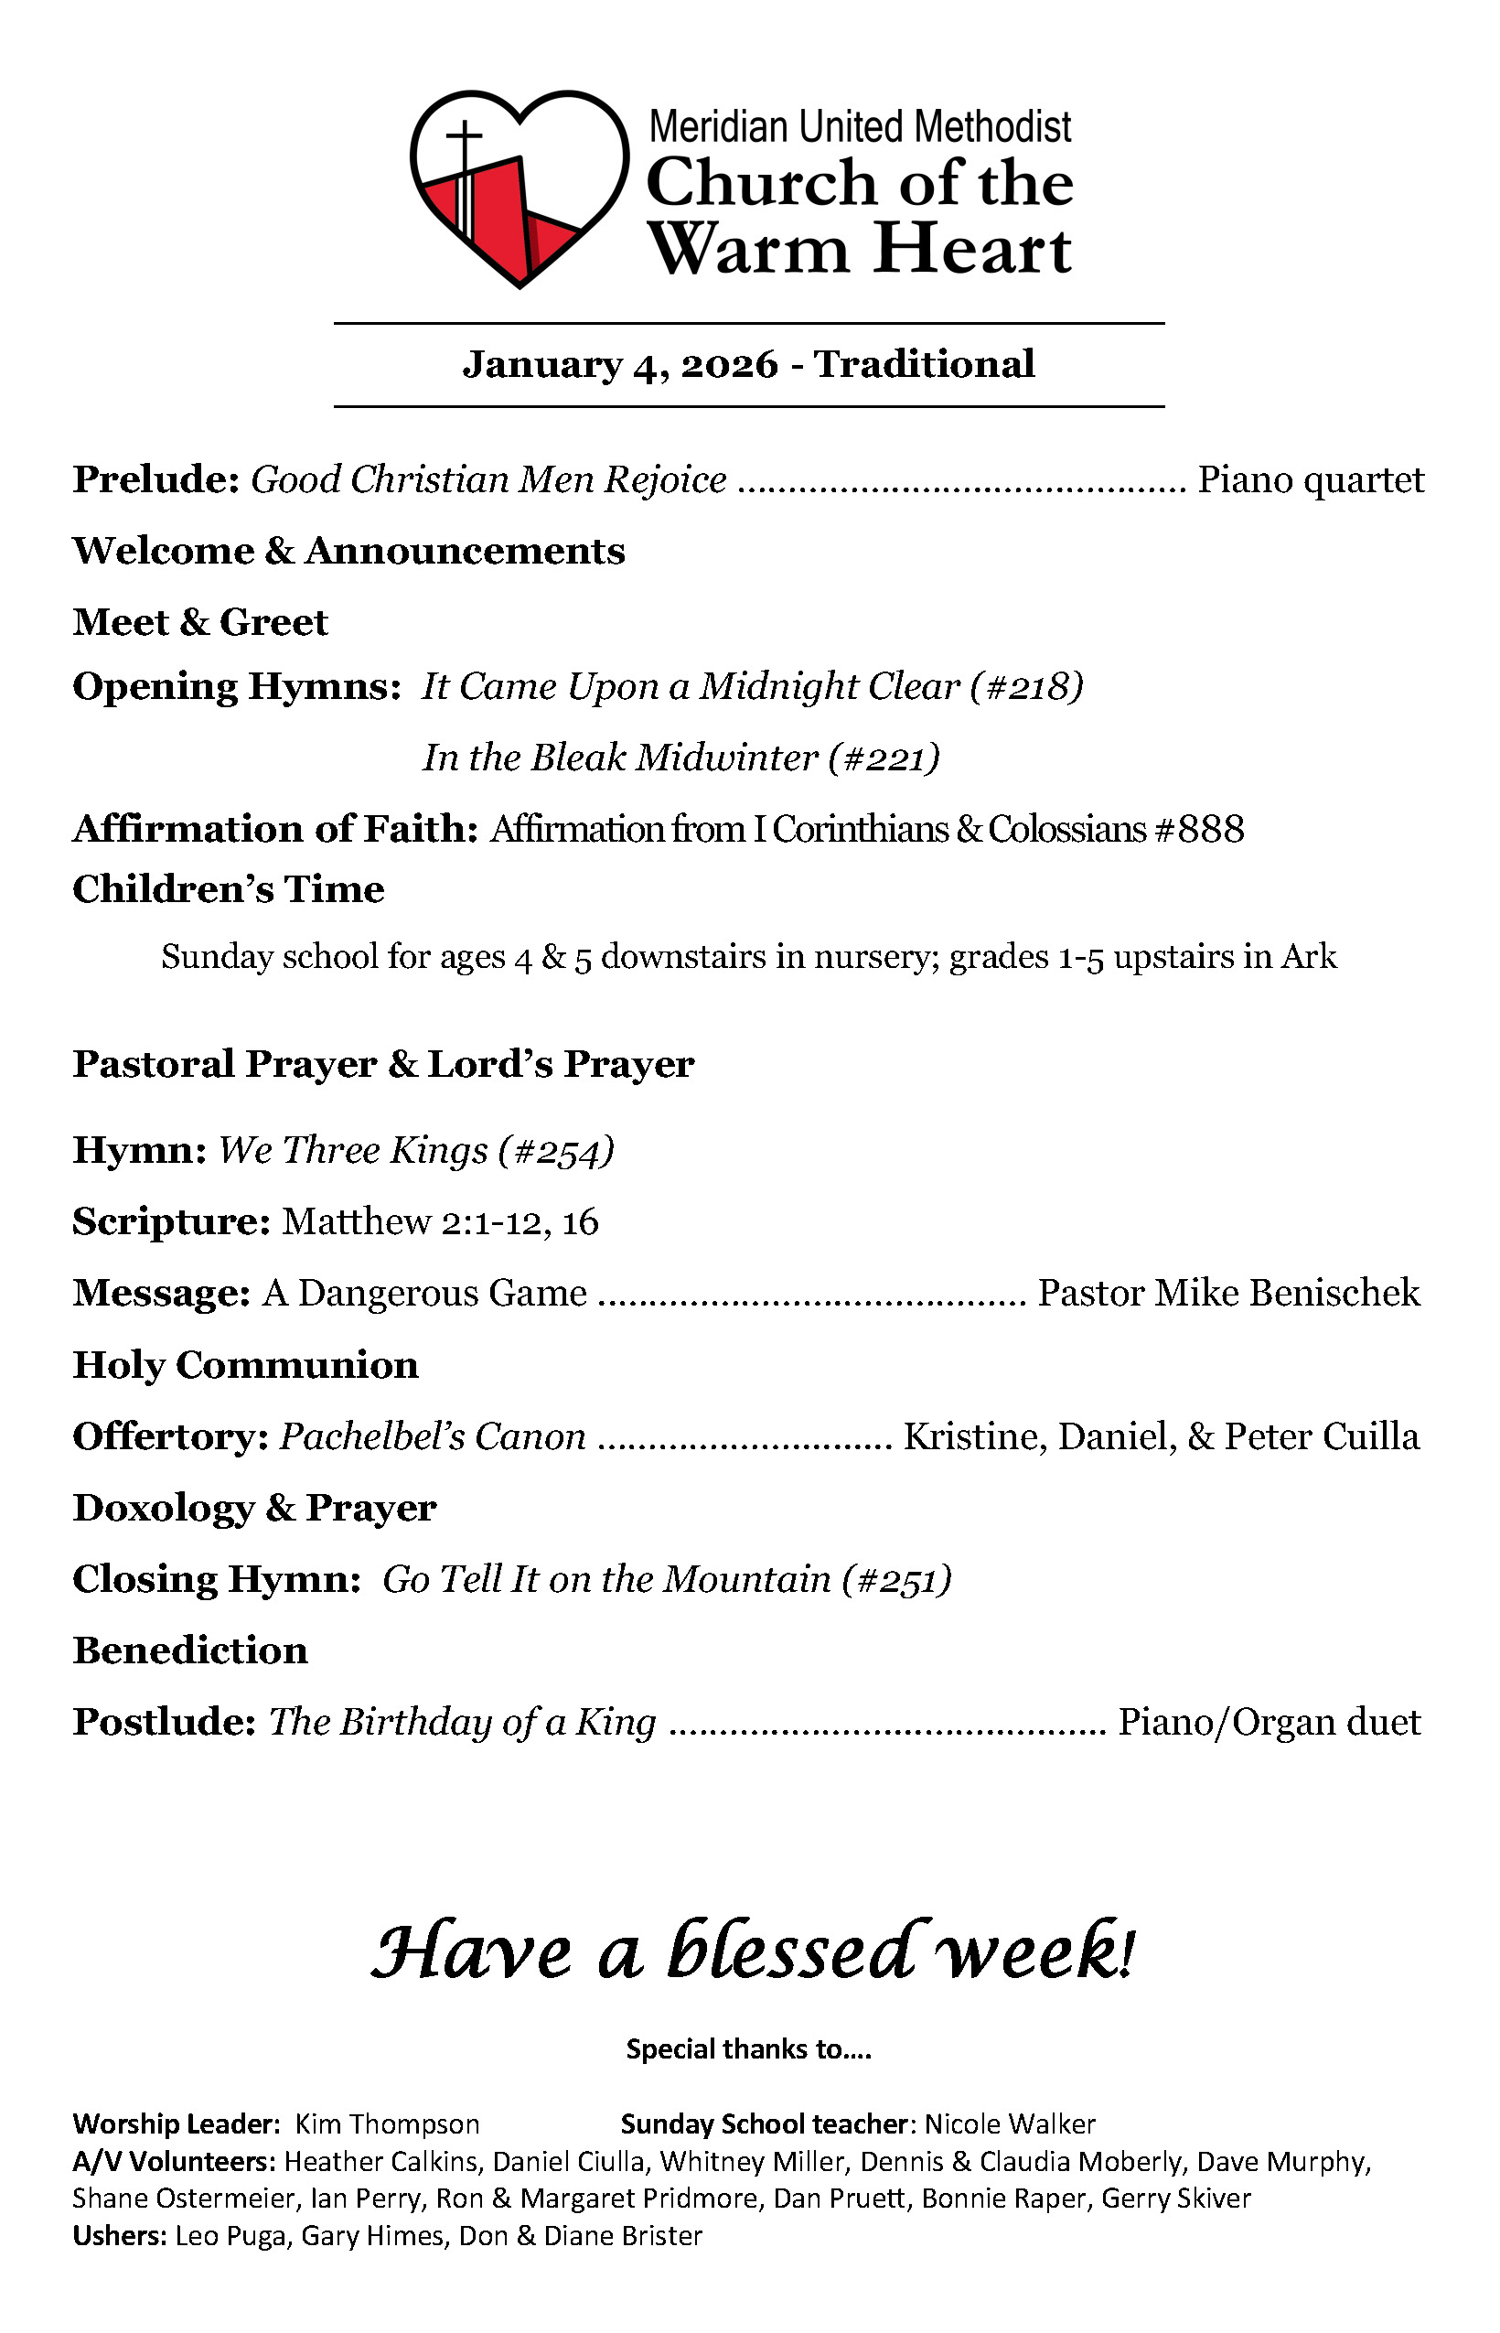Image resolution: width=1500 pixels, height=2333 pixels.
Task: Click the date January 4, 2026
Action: tap(619, 364)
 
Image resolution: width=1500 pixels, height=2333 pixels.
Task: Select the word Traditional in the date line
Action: tap(924, 364)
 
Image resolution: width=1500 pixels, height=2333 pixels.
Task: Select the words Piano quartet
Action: tap(1310, 480)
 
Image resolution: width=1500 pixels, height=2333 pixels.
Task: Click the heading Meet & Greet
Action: tap(199, 622)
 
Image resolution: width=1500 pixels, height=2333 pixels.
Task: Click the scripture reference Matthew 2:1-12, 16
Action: tap(440, 1221)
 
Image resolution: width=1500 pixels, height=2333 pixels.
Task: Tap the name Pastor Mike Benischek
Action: tap(1228, 1293)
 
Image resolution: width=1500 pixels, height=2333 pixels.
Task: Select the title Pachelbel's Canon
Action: tap(433, 1436)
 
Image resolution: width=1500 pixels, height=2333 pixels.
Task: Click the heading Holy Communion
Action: tap(245, 1365)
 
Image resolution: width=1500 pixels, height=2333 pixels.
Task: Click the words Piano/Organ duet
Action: tap(1269, 1722)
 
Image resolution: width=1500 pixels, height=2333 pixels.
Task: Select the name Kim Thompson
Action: tap(388, 2123)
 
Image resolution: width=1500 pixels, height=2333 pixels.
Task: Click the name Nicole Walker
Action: tap(1010, 2123)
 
